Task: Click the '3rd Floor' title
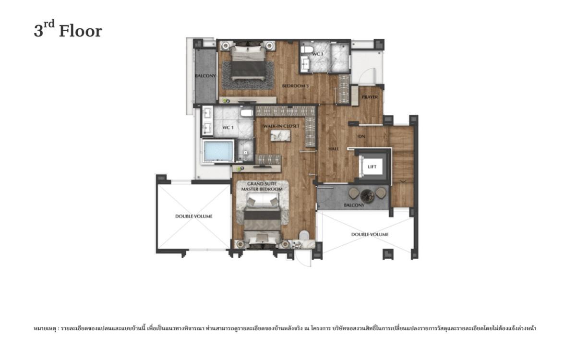(68, 31)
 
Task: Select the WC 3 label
(318, 54)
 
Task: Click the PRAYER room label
(370, 97)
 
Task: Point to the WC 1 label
(227, 128)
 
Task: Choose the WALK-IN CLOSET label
(281, 126)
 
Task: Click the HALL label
(334, 149)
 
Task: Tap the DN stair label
(362, 136)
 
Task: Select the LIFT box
(372, 167)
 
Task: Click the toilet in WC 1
(246, 114)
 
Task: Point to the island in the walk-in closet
(281, 136)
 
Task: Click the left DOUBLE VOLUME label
(193, 216)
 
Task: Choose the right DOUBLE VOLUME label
(370, 234)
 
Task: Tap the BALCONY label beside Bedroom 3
(205, 76)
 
